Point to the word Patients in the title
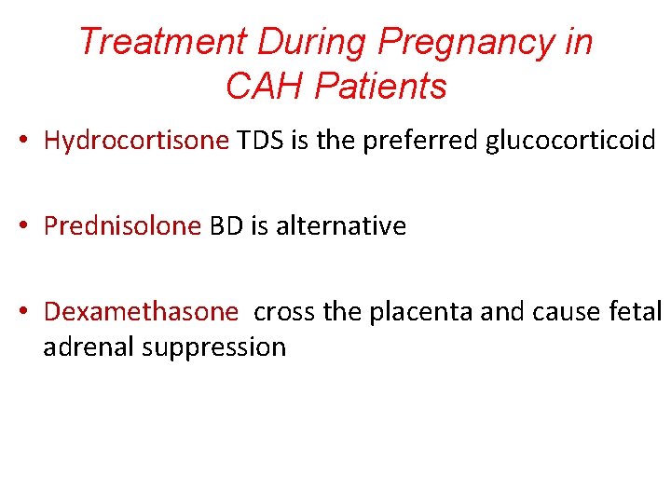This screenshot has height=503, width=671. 380,87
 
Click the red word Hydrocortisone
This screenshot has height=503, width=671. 136,141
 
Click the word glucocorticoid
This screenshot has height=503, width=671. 570,141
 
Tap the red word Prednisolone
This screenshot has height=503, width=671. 122,226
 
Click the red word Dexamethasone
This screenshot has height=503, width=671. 141,312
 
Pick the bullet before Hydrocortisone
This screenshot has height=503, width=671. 25,142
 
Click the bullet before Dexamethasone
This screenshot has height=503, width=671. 25,313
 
